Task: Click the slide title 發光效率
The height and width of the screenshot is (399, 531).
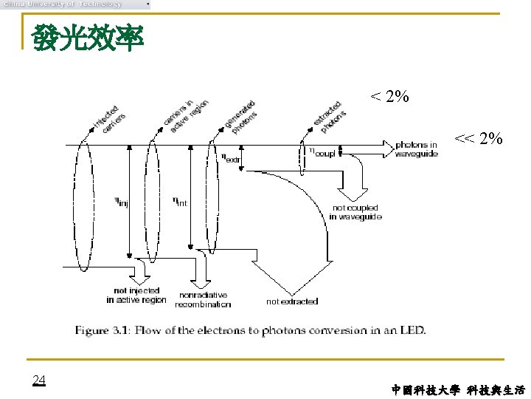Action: point(87,39)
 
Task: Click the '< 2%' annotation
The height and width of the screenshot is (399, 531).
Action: point(389,97)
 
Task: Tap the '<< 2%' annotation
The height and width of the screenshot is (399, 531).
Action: point(479,138)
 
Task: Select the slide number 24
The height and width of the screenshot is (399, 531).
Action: point(39,380)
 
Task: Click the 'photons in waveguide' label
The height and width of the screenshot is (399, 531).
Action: point(416,149)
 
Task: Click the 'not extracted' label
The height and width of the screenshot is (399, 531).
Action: point(292,301)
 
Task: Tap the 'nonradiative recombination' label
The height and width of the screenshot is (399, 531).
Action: point(203,299)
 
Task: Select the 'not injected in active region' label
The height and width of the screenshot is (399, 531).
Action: point(136,296)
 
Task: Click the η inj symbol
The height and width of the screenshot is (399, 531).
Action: point(121,201)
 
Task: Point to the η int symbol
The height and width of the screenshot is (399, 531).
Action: point(180,201)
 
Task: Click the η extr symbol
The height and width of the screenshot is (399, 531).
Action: point(230,157)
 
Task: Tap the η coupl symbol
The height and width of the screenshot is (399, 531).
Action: point(321,153)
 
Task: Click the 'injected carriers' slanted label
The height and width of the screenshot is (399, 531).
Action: point(108,119)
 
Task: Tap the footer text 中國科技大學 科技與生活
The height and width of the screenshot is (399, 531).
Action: point(459,389)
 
